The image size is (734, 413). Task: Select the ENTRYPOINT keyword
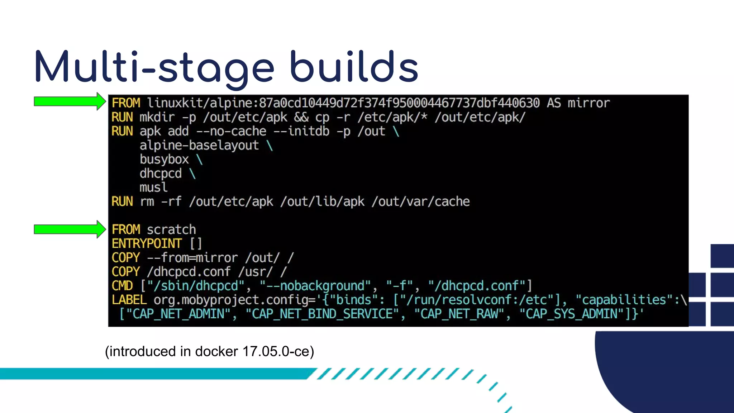coord(147,244)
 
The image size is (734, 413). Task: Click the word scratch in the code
coord(171,229)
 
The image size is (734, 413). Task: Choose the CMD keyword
coord(122,286)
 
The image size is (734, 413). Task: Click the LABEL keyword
coord(129,300)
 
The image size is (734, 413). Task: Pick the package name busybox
coord(164,159)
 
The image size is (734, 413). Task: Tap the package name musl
coord(153,187)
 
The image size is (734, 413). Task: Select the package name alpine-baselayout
coord(199,145)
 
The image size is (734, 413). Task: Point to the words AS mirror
coord(578,103)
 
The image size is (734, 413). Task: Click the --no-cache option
coord(231,131)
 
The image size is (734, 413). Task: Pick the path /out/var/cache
coord(420,201)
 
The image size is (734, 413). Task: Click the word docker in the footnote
coord(216,352)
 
